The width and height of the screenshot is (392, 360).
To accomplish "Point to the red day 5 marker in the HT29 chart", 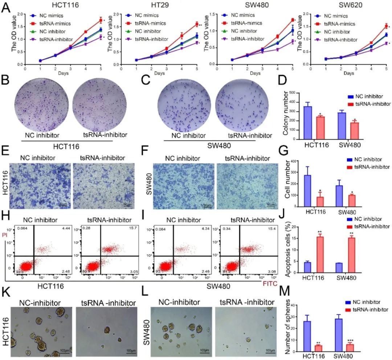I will [196, 24].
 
